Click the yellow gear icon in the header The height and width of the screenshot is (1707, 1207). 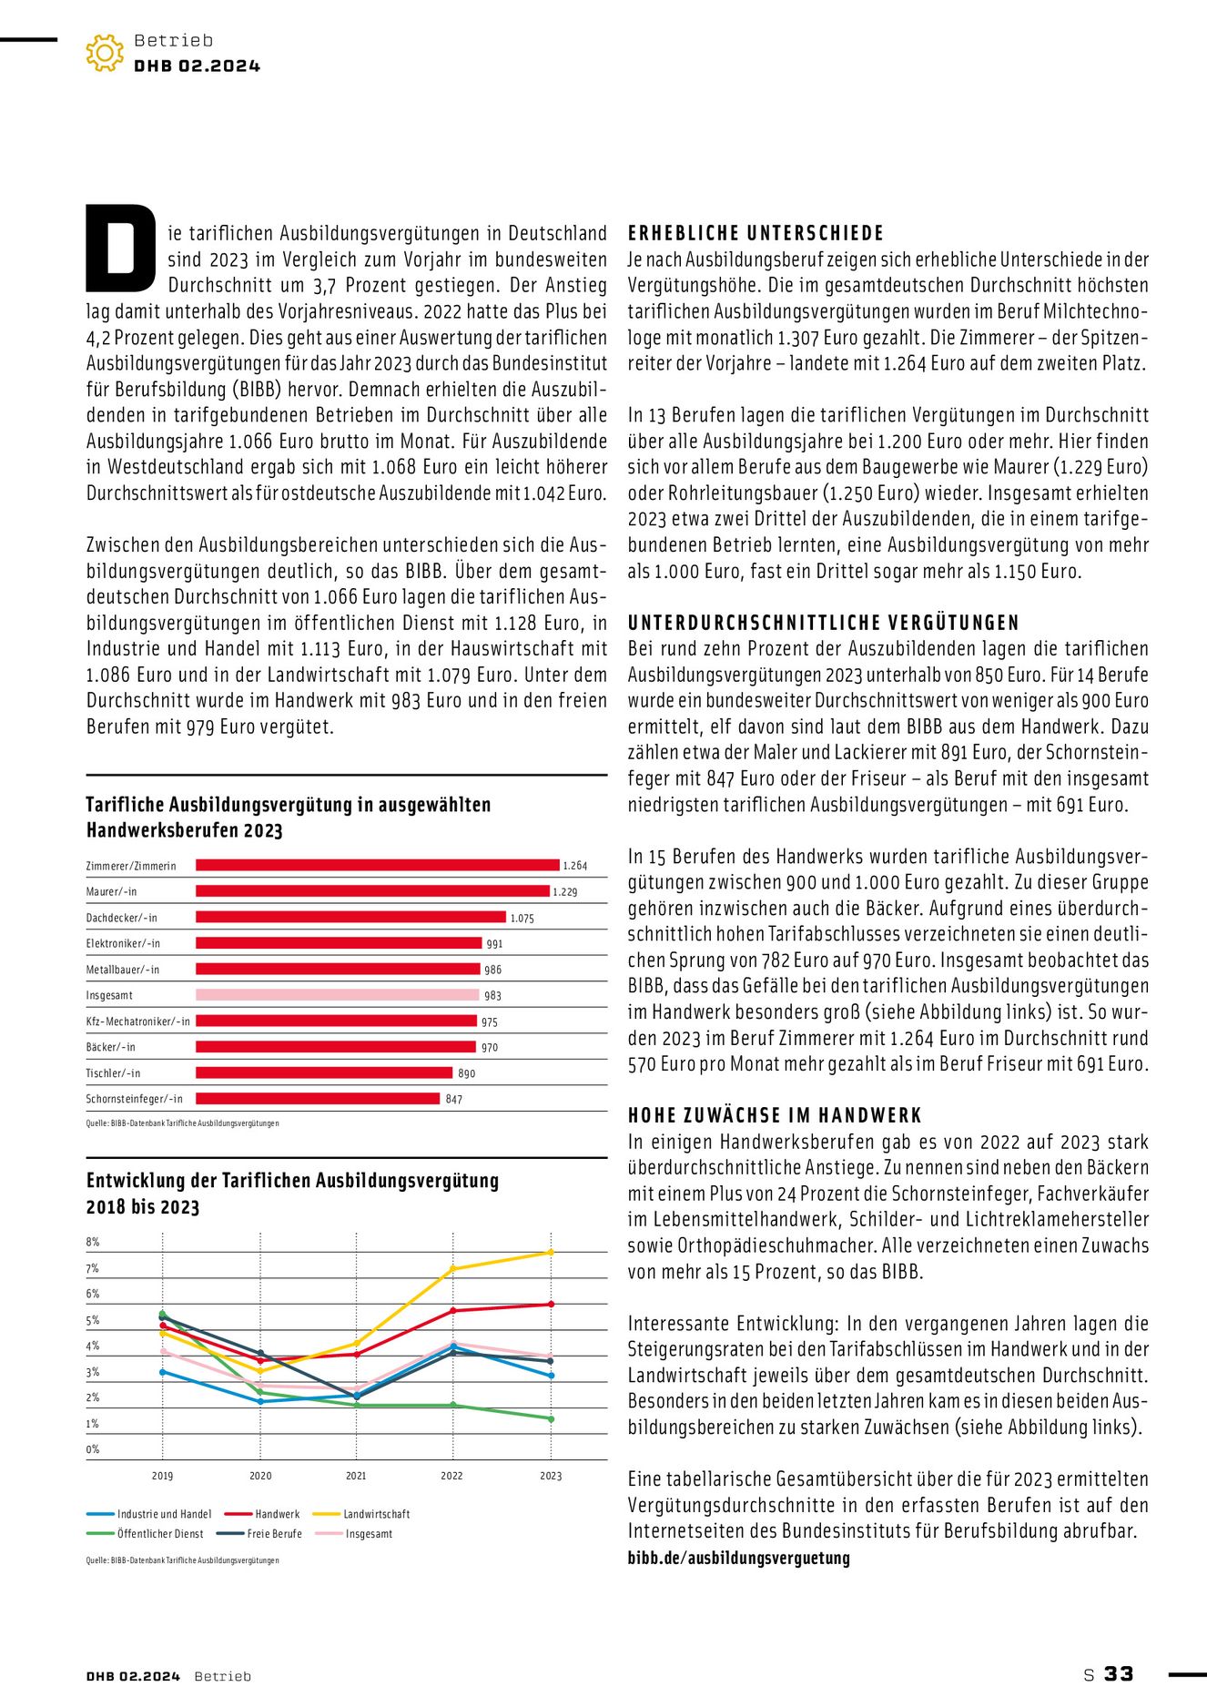[x=105, y=53]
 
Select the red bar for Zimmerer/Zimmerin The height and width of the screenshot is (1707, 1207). [x=378, y=865]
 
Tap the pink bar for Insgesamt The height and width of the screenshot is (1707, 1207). [x=337, y=995]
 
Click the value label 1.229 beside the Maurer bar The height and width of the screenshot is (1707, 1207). [x=565, y=892]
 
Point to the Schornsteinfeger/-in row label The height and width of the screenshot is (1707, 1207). [x=135, y=1099]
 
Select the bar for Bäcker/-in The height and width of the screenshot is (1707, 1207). [x=336, y=1047]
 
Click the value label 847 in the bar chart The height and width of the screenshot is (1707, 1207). [x=454, y=1100]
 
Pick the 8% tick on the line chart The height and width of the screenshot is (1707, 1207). [x=93, y=1242]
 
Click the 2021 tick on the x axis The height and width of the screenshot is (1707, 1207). [x=356, y=1476]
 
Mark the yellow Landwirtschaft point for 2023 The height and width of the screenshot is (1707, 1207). [x=551, y=1253]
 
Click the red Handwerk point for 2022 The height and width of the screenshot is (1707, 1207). [x=453, y=1311]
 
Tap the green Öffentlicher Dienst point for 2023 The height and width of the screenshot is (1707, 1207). [x=551, y=1418]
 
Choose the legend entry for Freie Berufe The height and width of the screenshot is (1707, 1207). [x=274, y=1534]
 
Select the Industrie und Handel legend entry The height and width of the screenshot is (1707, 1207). [x=164, y=1514]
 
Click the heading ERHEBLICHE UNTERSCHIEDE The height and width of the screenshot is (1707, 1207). [x=756, y=233]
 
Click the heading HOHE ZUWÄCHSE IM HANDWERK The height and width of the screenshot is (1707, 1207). [x=775, y=1115]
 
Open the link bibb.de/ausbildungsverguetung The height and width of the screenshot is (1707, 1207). [x=738, y=1558]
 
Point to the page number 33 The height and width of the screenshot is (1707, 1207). [x=1119, y=1674]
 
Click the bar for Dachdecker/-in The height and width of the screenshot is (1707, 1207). [x=350, y=917]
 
